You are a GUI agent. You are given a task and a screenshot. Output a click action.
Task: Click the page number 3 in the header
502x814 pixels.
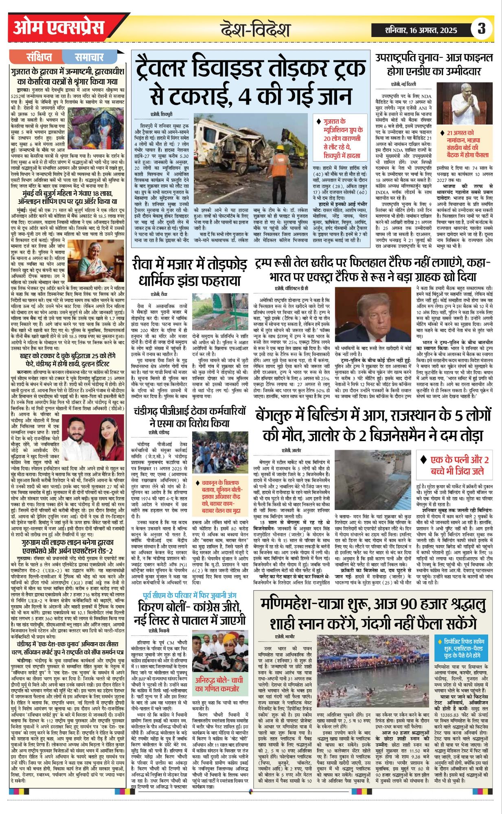tap(482, 29)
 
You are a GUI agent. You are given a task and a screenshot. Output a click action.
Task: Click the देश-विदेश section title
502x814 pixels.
tap(256, 30)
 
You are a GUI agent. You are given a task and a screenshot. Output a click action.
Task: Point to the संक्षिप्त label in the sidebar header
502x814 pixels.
tap(39, 57)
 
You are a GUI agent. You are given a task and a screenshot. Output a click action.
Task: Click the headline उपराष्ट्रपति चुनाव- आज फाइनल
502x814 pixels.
tap(434, 64)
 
